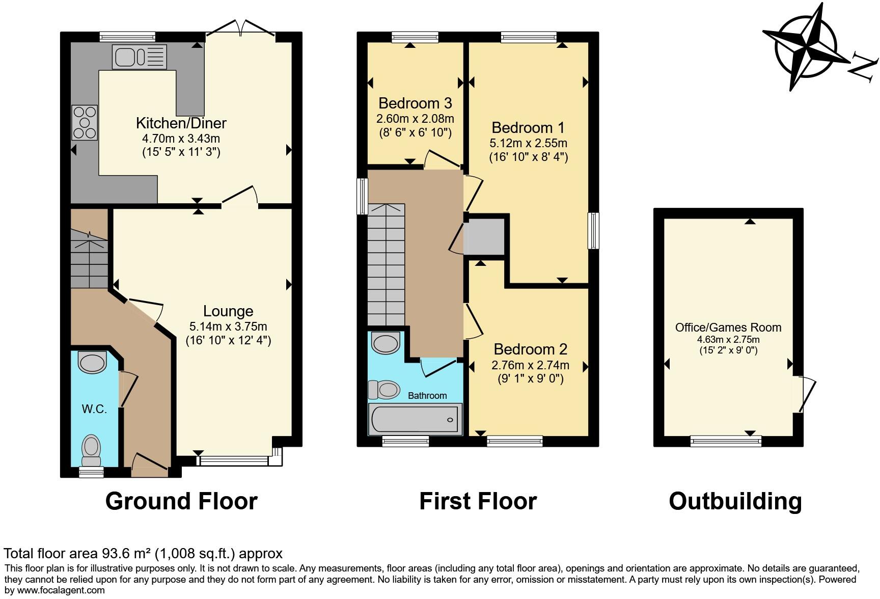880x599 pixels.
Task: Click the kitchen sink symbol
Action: pyautogui.click(x=139, y=57)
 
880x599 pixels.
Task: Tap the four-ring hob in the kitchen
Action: pyautogui.click(x=85, y=122)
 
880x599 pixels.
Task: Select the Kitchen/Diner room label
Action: pyautogui.click(x=181, y=123)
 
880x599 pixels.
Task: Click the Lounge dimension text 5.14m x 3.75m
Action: pyautogui.click(x=228, y=326)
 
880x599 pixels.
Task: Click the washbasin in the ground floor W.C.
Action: pyautogui.click(x=92, y=363)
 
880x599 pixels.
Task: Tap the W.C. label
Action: pyautogui.click(x=94, y=409)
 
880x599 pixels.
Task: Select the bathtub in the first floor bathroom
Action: pyautogui.click(x=416, y=419)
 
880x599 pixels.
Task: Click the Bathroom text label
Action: pyautogui.click(x=427, y=396)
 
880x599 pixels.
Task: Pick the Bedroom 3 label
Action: pyautogui.click(x=415, y=103)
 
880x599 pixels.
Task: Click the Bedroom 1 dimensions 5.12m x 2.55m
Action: pyautogui.click(x=528, y=143)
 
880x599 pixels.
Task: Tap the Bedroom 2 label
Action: pyautogui.click(x=530, y=349)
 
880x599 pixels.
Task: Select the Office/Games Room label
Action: pyautogui.click(x=728, y=328)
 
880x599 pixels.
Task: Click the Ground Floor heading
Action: pyautogui.click(x=181, y=501)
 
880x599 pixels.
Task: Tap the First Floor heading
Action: pyautogui.click(x=478, y=501)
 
